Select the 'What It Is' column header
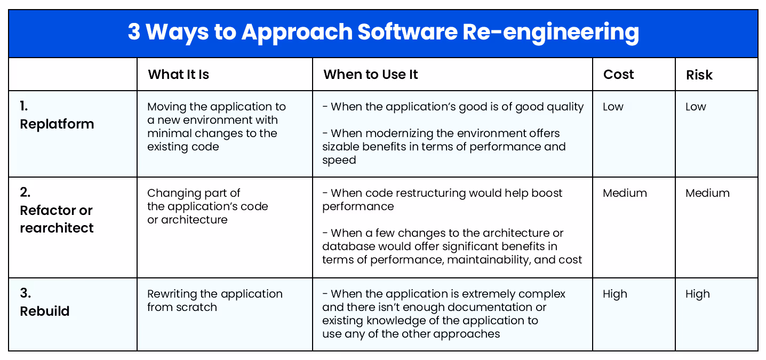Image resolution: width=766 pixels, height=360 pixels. coord(178,75)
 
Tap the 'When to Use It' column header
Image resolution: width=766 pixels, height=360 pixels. coord(370,75)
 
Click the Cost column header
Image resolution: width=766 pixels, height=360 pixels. coord(618,75)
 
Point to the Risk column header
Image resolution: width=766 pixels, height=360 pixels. coord(699,75)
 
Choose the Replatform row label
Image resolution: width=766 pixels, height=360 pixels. coord(57,124)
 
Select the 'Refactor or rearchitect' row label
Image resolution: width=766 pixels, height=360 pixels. coord(57,219)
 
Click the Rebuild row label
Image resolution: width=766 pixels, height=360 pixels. coord(45,311)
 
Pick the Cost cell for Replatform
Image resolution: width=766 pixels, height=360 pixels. coord(613,107)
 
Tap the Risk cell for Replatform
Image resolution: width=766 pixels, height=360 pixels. coord(696,107)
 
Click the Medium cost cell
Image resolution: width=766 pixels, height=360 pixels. coord(625,193)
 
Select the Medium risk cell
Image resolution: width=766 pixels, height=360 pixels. coord(707,193)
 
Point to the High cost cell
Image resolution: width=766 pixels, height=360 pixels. coord(615,294)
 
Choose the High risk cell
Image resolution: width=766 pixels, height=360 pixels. coord(698,294)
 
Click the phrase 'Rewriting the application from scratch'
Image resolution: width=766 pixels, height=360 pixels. coord(214,300)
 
